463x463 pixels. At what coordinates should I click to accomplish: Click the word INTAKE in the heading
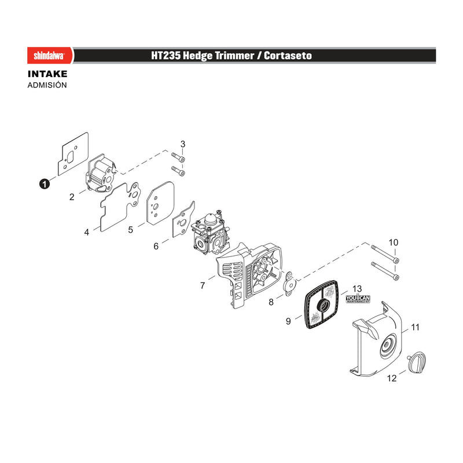[x=47, y=74]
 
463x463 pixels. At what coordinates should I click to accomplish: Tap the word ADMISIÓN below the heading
[x=47, y=85]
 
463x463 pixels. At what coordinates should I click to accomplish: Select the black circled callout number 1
[x=45, y=184]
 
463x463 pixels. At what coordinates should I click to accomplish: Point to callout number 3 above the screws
[x=183, y=144]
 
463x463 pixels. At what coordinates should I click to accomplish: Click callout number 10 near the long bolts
[x=394, y=242]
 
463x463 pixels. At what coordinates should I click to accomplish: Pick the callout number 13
[x=357, y=288]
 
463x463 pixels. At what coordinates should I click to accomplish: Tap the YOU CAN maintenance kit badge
[x=358, y=299]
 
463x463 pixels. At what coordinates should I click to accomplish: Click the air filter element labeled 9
[x=321, y=304]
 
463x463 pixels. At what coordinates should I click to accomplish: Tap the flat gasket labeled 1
[x=73, y=154]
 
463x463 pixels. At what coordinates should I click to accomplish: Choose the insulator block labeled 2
[x=100, y=173]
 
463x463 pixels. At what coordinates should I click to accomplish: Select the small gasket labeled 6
[x=183, y=220]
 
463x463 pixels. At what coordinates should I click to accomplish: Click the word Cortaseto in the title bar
[x=288, y=56]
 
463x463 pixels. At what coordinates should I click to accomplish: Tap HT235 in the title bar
[x=166, y=56]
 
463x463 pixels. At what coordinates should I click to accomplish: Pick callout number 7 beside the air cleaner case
[x=203, y=285]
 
